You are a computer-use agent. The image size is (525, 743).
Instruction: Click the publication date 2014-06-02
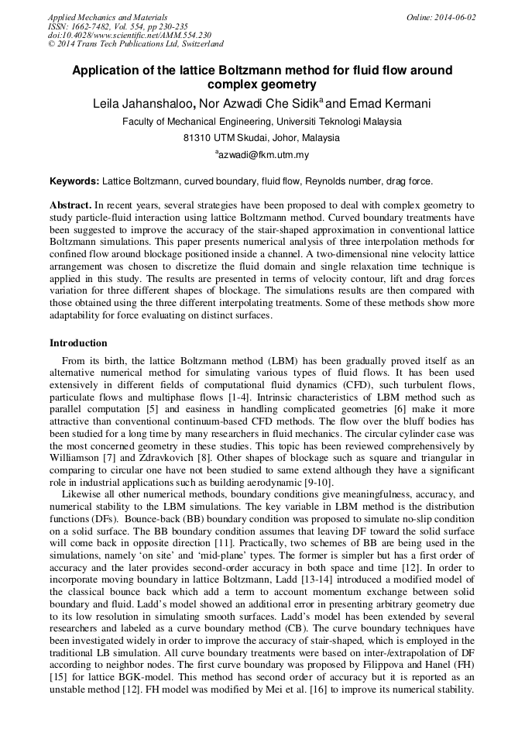(x=455, y=17)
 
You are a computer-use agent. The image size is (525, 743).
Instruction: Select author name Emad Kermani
(x=391, y=105)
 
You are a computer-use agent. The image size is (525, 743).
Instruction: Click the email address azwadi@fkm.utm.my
(x=262, y=155)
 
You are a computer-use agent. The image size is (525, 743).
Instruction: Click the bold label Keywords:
(x=74, y=181)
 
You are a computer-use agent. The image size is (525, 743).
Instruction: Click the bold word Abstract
(x=70, y=205)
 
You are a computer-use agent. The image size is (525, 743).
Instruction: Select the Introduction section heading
(x=78, y=343)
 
